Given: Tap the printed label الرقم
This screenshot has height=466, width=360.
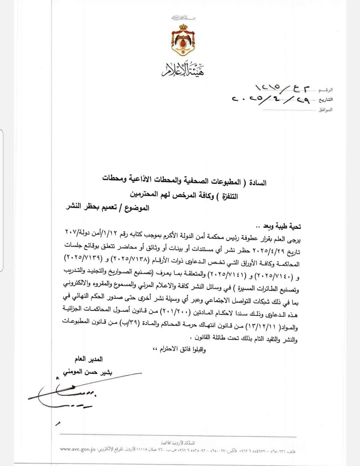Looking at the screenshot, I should [325, 90].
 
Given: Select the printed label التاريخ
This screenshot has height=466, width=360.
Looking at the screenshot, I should [325, 100].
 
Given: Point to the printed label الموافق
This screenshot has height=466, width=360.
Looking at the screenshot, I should [325, 110].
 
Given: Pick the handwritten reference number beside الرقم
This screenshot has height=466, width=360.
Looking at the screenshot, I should [282, 89].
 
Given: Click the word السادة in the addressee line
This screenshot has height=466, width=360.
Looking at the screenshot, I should [258, 183].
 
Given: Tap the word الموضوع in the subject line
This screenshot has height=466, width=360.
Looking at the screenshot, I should [137, 209].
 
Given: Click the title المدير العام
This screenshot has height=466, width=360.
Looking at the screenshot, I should [88, 359].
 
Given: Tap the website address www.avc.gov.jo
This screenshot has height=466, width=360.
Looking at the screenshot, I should [78, 449].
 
